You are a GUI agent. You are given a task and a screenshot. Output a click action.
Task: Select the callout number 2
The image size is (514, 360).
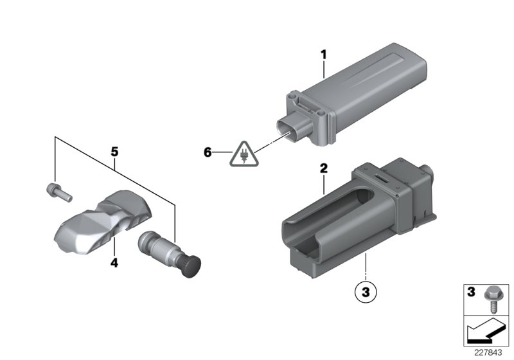click(324, 169)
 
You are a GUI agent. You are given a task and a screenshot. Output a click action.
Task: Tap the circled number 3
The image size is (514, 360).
click(365, 291)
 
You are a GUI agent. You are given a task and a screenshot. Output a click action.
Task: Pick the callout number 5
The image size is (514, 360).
click(114, 152)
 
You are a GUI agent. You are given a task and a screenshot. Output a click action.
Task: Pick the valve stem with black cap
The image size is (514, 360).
click(169, 252)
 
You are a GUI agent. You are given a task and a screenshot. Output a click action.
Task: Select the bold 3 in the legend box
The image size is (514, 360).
click(471, 293)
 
